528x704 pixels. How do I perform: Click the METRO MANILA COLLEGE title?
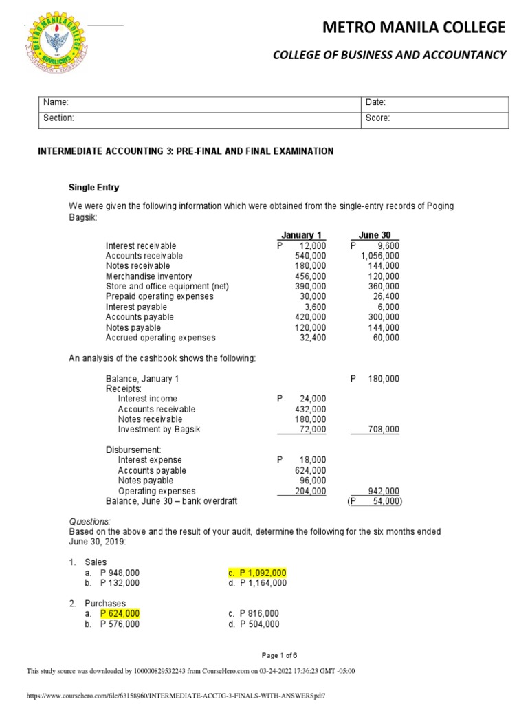point(414,27)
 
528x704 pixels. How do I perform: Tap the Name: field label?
point(56,102)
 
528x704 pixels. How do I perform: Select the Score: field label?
point(378,118)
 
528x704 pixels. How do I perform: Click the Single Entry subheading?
point(93,188)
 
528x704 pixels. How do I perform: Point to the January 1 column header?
point(301,235)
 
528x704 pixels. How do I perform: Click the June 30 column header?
point(375,235)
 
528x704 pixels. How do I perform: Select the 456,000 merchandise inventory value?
point(310,276)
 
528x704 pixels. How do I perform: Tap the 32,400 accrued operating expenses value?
point(313,338)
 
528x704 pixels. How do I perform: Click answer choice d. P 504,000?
point(254,624)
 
